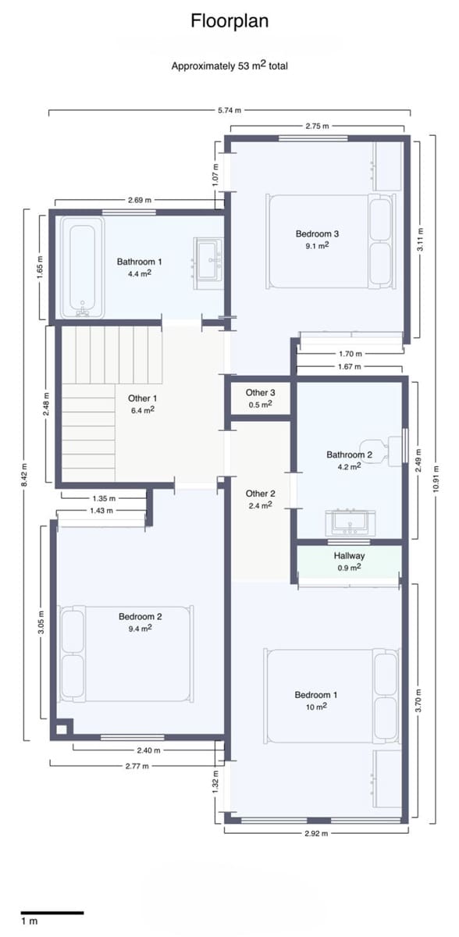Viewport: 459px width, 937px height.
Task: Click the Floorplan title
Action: click(x=229, y=21)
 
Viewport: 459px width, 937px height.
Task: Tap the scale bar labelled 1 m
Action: click(x=52, y=912)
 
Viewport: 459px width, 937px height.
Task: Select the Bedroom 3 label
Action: click(x=317, y=233)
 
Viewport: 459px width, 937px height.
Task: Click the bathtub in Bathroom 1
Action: click(x=81, y=267)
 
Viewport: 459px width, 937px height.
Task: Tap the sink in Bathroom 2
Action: click(x=350, y=522)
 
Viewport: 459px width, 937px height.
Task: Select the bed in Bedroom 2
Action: click(x=126, y=653)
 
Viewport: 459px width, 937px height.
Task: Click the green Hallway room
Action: click(x=349, y=561)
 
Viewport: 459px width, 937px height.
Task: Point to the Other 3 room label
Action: click(x=260, y=393)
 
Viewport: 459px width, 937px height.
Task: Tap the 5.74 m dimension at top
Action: click(x=228, y=111)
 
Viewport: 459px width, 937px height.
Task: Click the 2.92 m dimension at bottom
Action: click(x=315, y=833)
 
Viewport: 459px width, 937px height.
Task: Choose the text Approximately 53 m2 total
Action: click(x=229, y=66)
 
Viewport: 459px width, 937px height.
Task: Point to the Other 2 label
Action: click(x=260, y=493)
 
